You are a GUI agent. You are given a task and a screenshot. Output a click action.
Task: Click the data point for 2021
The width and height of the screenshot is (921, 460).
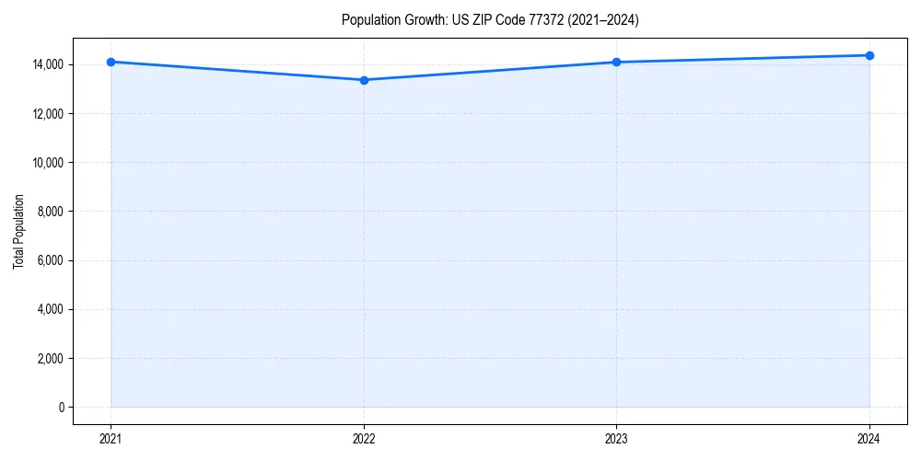(x=111, y=62)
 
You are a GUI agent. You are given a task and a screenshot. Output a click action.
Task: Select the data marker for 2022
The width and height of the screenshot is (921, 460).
(x=364, y=80)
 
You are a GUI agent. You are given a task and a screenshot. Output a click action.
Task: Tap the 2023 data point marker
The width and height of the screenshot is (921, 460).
(x=616, y=62)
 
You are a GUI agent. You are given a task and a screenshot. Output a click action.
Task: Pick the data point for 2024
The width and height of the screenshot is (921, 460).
(x=869, y=55)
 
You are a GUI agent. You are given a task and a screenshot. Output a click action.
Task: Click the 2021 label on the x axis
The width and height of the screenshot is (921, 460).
(x=111, y=438)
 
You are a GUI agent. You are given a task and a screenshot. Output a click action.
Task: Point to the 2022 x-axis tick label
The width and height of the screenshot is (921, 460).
(x=364, y=438)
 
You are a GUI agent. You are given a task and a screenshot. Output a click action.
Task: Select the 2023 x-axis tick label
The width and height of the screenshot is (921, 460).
(x=616, y=438)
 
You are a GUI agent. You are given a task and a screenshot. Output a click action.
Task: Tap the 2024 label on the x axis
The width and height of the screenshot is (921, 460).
(x=869, y=438)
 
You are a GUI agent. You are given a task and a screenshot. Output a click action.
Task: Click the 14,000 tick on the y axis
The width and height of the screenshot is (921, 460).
(x=48, y=64)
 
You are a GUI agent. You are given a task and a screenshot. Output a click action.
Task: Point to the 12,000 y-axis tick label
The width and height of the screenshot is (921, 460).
(x=48, y=113)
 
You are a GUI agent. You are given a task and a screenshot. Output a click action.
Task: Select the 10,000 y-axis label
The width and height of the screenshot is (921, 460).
(x=48, y=163)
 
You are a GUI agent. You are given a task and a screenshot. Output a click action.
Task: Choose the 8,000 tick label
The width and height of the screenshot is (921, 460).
(x=51, y=212)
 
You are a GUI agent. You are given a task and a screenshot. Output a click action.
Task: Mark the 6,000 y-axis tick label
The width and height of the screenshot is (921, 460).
(x=51, y=260)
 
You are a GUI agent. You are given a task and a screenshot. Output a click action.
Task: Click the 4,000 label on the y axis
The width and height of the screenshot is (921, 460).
(x=51, y=309)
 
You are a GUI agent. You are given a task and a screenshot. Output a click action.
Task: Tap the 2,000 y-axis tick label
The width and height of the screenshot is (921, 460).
(x=51, y=358)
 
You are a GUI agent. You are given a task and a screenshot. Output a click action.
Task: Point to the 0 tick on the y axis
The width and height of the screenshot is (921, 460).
(x=62, y=407)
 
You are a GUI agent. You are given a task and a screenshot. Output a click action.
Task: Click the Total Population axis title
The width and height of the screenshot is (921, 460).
(x=18, y=231)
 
